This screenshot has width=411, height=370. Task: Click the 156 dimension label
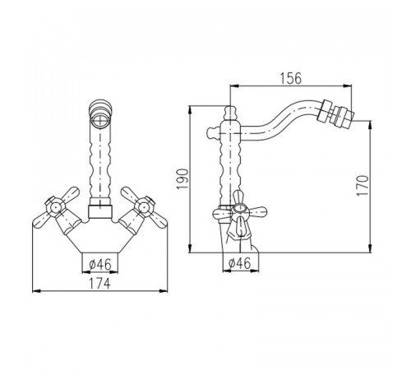(291, 78)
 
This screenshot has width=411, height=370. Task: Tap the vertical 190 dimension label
(182, 179)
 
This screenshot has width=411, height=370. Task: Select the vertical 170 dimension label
(363, 186)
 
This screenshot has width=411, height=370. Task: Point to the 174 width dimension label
(100, 284)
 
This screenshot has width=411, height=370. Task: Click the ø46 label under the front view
(100, 265)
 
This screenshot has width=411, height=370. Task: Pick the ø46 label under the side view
(240, 263)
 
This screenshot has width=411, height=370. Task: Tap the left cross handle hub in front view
(55, 207)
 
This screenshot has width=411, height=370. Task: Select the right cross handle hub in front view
(145, 207)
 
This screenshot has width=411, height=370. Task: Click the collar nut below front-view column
(100, 211)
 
